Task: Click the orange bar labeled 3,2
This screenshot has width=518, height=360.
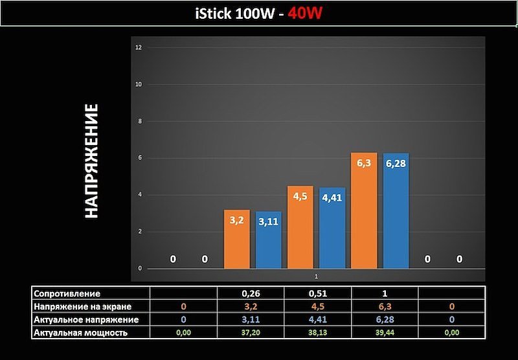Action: point(237,240)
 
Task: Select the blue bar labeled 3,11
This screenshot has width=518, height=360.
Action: point(269,241)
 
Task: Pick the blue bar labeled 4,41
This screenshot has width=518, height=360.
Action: point(332,229)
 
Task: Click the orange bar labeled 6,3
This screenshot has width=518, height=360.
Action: point(364,211)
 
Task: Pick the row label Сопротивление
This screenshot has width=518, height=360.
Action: point(67,293)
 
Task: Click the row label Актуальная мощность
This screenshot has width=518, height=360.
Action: point(80,332)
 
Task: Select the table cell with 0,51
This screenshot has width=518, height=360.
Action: point(318,293)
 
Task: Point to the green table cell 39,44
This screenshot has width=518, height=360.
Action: point(385,333)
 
